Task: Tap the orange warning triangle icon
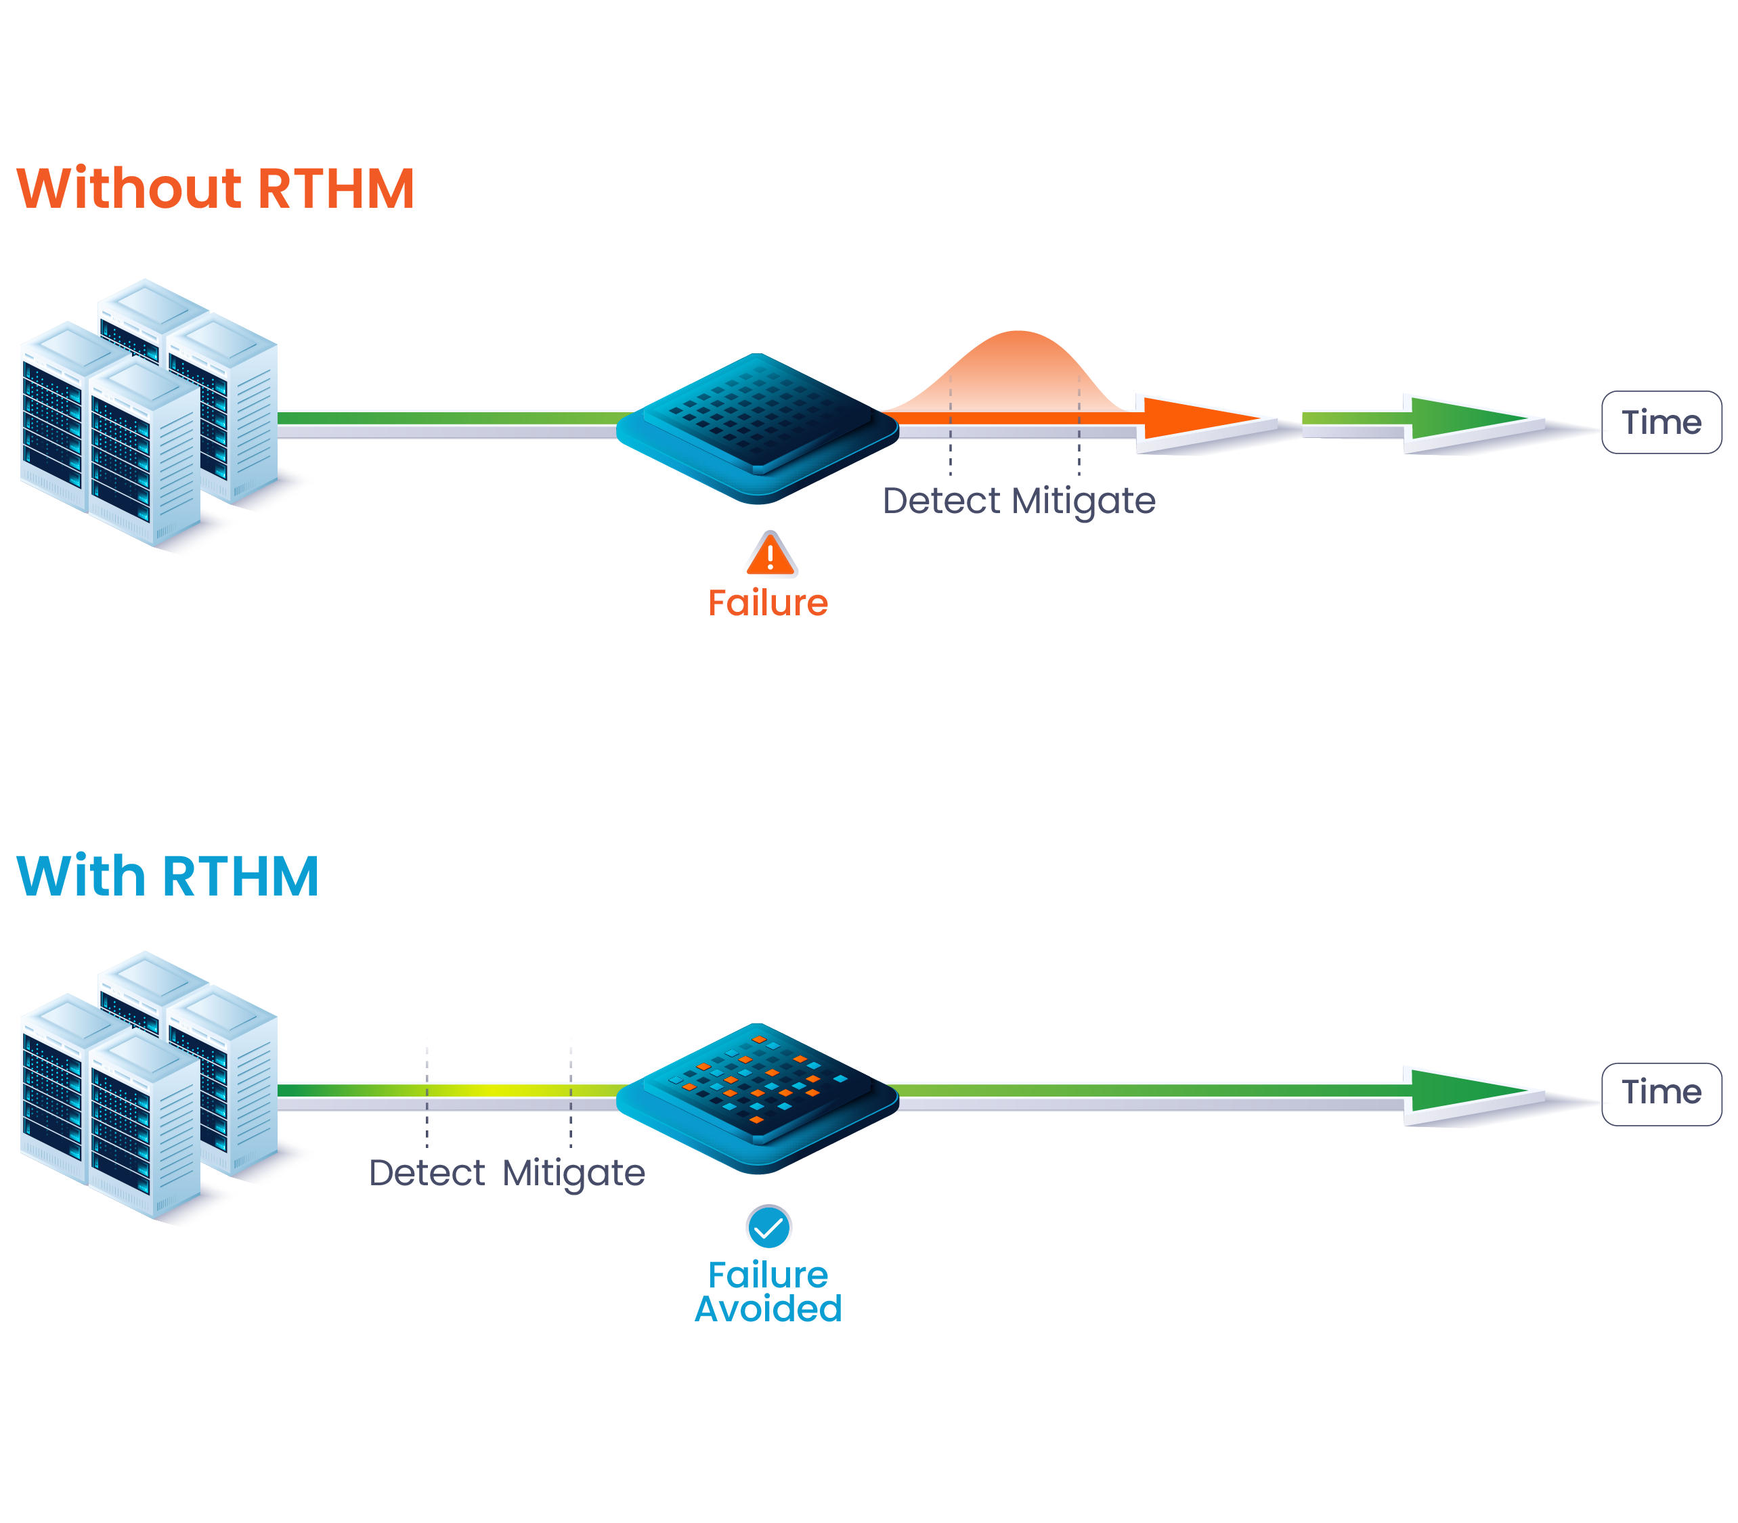(x=770, y=555)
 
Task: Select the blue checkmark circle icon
(x=768, y=1227)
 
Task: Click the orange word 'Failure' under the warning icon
(x=767, y=602)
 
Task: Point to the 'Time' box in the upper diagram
(x=1661, y=422)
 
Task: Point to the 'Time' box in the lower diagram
(x=1661, y=1093)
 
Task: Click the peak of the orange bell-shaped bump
(x=1018, y=336)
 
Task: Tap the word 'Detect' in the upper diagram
(x=941, y=501)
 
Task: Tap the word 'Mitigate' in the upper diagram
(x=1083, y=501)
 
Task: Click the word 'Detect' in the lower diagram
(x=427, y=1173)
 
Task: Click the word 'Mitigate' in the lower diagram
(x=573, y=1173)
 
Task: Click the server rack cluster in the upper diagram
(x=149, y=412)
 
